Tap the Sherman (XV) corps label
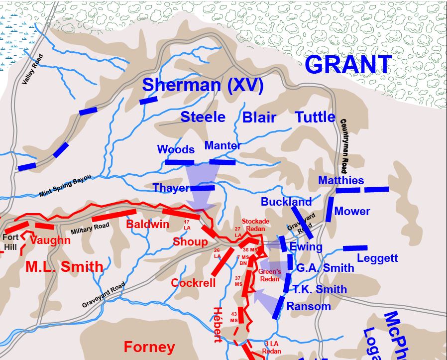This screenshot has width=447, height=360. click(203, 85)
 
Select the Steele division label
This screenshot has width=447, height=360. click(203, 117)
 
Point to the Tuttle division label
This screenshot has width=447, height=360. click(315, 117)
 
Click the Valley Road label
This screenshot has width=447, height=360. click(33, 69)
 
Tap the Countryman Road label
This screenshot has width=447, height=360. click(344, 145)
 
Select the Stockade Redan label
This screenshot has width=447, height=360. click(255, 225)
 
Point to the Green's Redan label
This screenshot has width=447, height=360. click(270, 275)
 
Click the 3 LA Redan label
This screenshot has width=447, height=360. click(272, 347)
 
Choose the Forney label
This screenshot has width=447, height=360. click(149, 347)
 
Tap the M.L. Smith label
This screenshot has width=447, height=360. click(64, 267)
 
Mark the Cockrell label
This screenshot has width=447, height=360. click(193, 283)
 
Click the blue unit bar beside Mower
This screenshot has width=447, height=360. click(329, 209)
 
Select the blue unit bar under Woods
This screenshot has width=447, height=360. click(179, 162)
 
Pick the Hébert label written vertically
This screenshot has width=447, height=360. click(217, 324)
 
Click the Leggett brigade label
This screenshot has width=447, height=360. click(377, 258)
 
